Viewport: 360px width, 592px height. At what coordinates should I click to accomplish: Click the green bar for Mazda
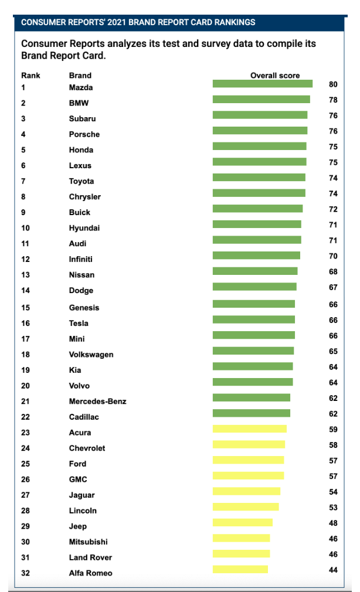pos(262,84)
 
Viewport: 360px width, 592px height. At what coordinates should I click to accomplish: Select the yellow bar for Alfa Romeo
pos(240,569)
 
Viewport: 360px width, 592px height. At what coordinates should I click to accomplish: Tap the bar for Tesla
pos(253,319)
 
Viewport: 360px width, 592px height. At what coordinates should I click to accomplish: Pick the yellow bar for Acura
pos(249,429)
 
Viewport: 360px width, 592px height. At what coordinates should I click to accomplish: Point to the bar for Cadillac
pos(251,413)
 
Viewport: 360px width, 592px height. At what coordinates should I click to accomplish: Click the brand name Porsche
pos(84,134)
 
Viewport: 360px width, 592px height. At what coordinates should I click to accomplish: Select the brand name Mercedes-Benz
pos(97,402)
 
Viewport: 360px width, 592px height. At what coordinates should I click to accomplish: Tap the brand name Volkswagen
pos(91,355)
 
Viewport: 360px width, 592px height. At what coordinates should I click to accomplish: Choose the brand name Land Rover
pos(90,557)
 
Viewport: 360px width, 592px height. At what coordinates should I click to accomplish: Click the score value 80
pos(333,84)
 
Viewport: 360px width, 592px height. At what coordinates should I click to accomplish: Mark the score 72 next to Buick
pos(333,209)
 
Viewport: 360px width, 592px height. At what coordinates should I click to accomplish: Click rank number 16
pos(26,324)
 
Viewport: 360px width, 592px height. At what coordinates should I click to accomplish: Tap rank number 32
pos(26,573)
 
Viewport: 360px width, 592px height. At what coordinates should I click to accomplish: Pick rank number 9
pos(23,212)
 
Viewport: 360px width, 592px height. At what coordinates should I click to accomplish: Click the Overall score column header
pos(275,76)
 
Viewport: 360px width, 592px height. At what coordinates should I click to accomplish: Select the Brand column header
pos(80,76)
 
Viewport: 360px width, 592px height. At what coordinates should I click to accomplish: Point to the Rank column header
pos(30,76)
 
